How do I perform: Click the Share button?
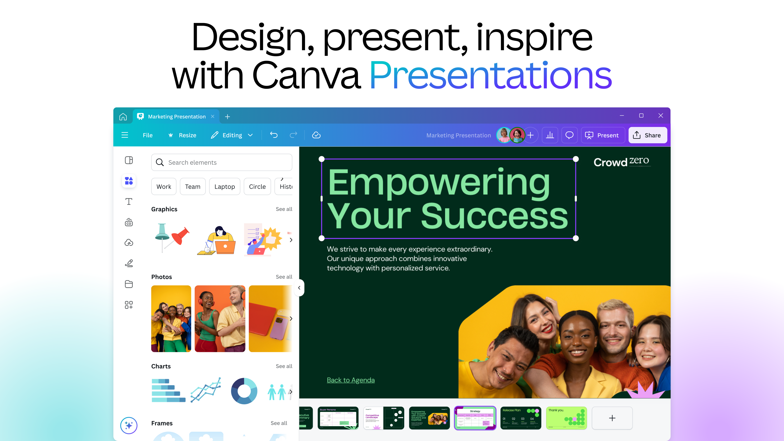pyautogui.click(x=647, y=135)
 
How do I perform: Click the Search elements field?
pyautogui.click(x=222, y=163)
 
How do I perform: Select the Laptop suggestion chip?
pyautogui.click(x=224, y=187)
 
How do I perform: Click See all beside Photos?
pyautogui.click(x=284, y=277)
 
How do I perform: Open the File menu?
pyautogui.click(x=148, y=135)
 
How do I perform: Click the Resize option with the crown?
pyautogui.click(x=182, y=135)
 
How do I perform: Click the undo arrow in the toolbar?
pyautogui.click(x=274, y=135)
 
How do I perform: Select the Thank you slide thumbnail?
pyautogui.click(x=566, y=418)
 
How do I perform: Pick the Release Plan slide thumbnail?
pyautogui.click(x=520, y=418)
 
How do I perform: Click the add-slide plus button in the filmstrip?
pyautogui.click(x=612, y=418)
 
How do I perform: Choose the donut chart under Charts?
pyautogui.click(x=244, y=391)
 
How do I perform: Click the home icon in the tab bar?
pyautogui.click(x=123, y=117)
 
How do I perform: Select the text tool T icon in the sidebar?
pyautogui.click(x=129, y=202)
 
